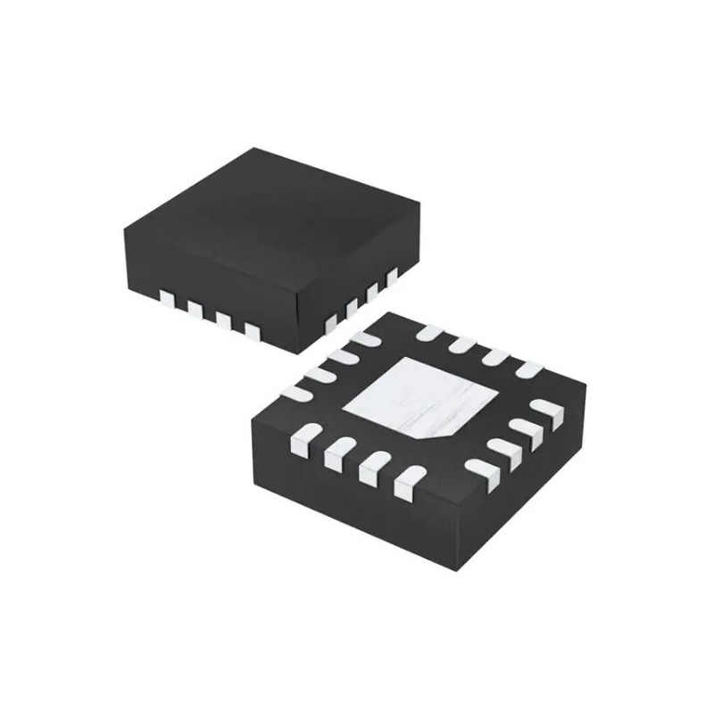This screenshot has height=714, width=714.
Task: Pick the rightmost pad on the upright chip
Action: click(390, 276)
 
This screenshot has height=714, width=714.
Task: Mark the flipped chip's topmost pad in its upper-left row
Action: click(364, 339)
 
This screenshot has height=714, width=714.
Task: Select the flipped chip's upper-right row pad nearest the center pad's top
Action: click(429, 333)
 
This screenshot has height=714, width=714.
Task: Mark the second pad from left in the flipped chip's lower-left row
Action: click(336, 454)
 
